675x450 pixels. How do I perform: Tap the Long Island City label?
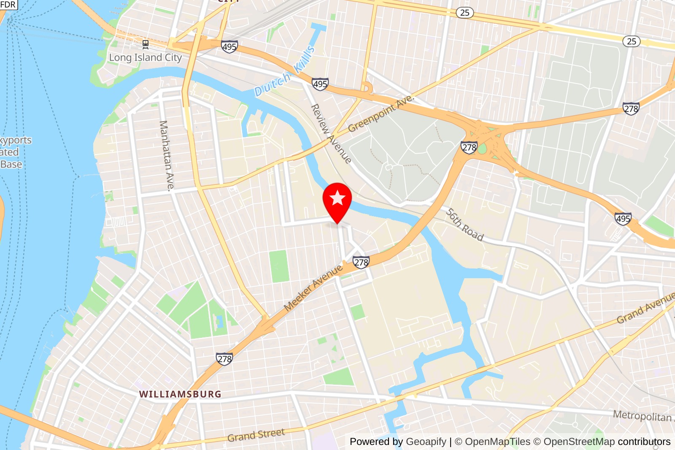pyautogui.click(x=145, y=57)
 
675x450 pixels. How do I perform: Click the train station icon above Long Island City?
pyautogui.click(x=146, y=44)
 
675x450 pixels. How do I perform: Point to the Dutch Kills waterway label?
pyautogui.click(x=285, y=72)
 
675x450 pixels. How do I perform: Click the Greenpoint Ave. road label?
pyautogui.click(x=381, y=113)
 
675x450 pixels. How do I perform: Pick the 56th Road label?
pyautogui.click(x=464, y=224)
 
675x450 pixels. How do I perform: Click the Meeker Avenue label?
pyautogui.click(x=313, y=288)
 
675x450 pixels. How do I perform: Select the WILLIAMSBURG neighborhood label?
pyautogui.click(x=180, y=394)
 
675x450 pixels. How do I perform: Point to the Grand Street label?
pyautogui.click(x=256, y=435)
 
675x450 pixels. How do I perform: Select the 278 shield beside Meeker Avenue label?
pyautogui.click(x=361, y=262)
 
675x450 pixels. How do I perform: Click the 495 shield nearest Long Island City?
pyautogui.click(x=229, y=46)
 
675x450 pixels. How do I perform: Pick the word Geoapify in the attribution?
pyautogui.click(x=426, y=442)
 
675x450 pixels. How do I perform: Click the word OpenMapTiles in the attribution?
pyautogui.click(x=497, y=442)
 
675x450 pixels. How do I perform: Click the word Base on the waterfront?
pyautogui.click(x=11, y=164)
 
